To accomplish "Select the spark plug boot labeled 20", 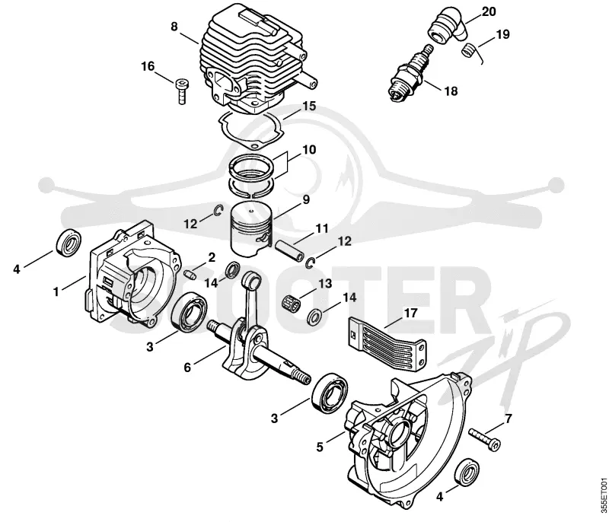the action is pyautogui.click(x=448, y=24).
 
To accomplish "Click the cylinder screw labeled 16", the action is pyautogui.click(x=181, y=91).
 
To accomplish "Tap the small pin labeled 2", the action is pyautogui.click(x=189, y=274).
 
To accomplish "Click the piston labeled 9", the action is pyautogui.click(x=251, y=230).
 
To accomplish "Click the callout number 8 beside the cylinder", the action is pyautogui.click(x=174, y=27).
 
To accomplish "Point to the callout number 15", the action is pyautogui.click(x=309, y=106).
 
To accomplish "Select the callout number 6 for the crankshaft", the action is pyautogui.click(x=187, y=367).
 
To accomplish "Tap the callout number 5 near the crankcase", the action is pyautogui.click(x=319, y=447).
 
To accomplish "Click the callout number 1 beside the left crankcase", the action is pyautogui.click(x=56, y=291).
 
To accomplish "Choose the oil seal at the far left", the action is pyautogui.click(x=69, y=243).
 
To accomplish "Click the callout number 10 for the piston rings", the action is pyautogui.click(x=309, y=150).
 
